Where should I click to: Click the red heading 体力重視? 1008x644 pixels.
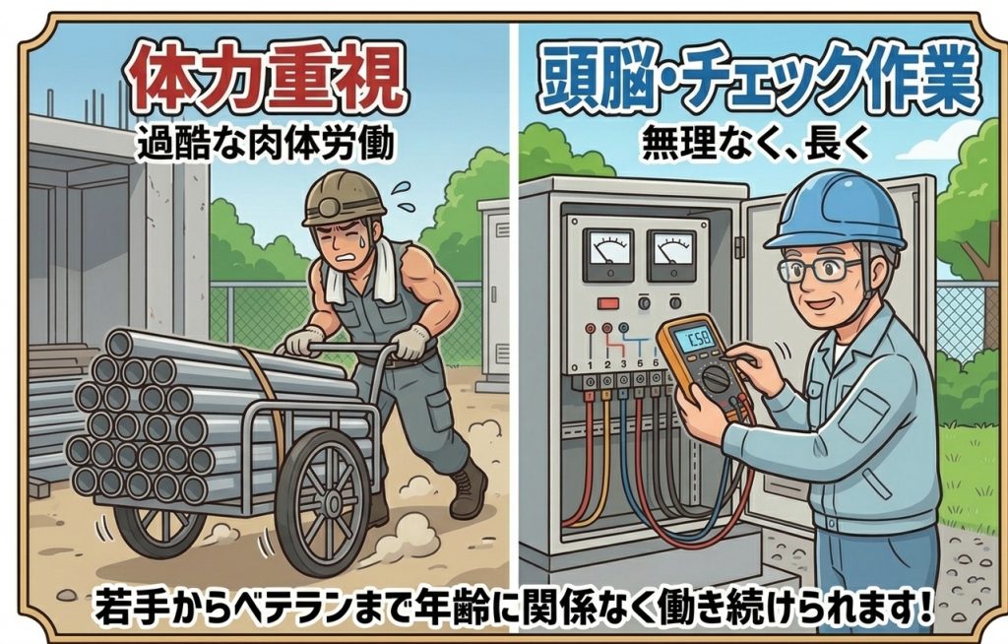coord(265,78)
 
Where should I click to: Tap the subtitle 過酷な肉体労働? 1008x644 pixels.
coord(266,144)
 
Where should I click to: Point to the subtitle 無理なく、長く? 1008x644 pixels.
coord(755,143)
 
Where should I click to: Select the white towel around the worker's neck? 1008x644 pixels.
coord(360,274)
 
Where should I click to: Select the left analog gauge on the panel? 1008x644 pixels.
coord(608,254)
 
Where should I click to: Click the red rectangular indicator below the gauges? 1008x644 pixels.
coord(607,302)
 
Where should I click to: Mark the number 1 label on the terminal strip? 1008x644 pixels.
coord(590,364)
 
